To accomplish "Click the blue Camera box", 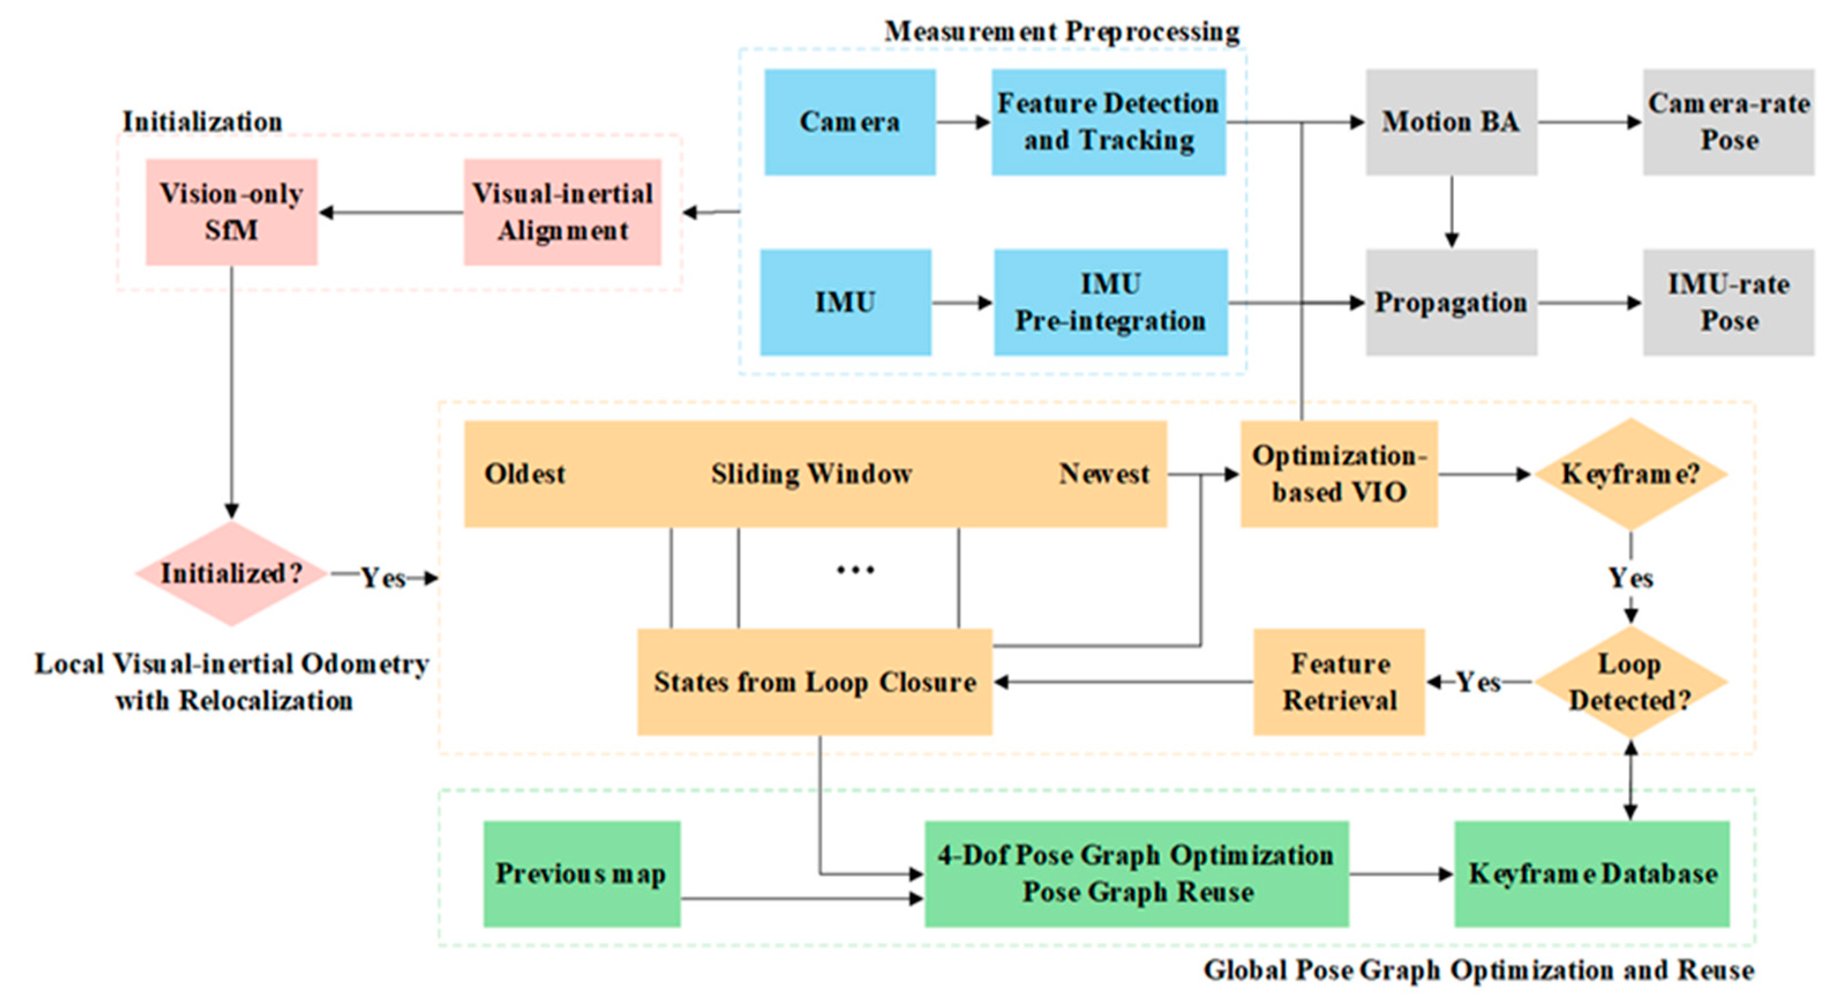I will tap(850, 122).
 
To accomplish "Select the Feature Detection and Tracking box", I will tap(1108, 122).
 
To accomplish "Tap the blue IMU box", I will tap(845, 303).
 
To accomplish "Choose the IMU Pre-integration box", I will tap(1110, 303).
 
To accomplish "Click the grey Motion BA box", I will tap(1451, 122).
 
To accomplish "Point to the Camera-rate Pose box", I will tap(1728, 122).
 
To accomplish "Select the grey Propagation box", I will tap(1451, 303).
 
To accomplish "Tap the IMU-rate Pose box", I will tap(1728, 303).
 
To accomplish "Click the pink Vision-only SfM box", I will tap(231, 212).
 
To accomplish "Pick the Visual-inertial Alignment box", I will tap(562, 212).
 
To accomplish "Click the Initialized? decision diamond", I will tap(231, 574).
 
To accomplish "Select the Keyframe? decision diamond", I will tap(1630, 474).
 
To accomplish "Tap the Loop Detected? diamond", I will tap(1630, 682).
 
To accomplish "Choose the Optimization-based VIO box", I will tap(1339, 474).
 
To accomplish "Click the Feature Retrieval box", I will tap(1339, 682).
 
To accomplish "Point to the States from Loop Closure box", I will tap(814, 682).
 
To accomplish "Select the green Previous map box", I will tap(582, 874).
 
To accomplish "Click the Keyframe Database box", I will tap(1592, 874).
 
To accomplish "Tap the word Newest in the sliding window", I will tap(1103, 474).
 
